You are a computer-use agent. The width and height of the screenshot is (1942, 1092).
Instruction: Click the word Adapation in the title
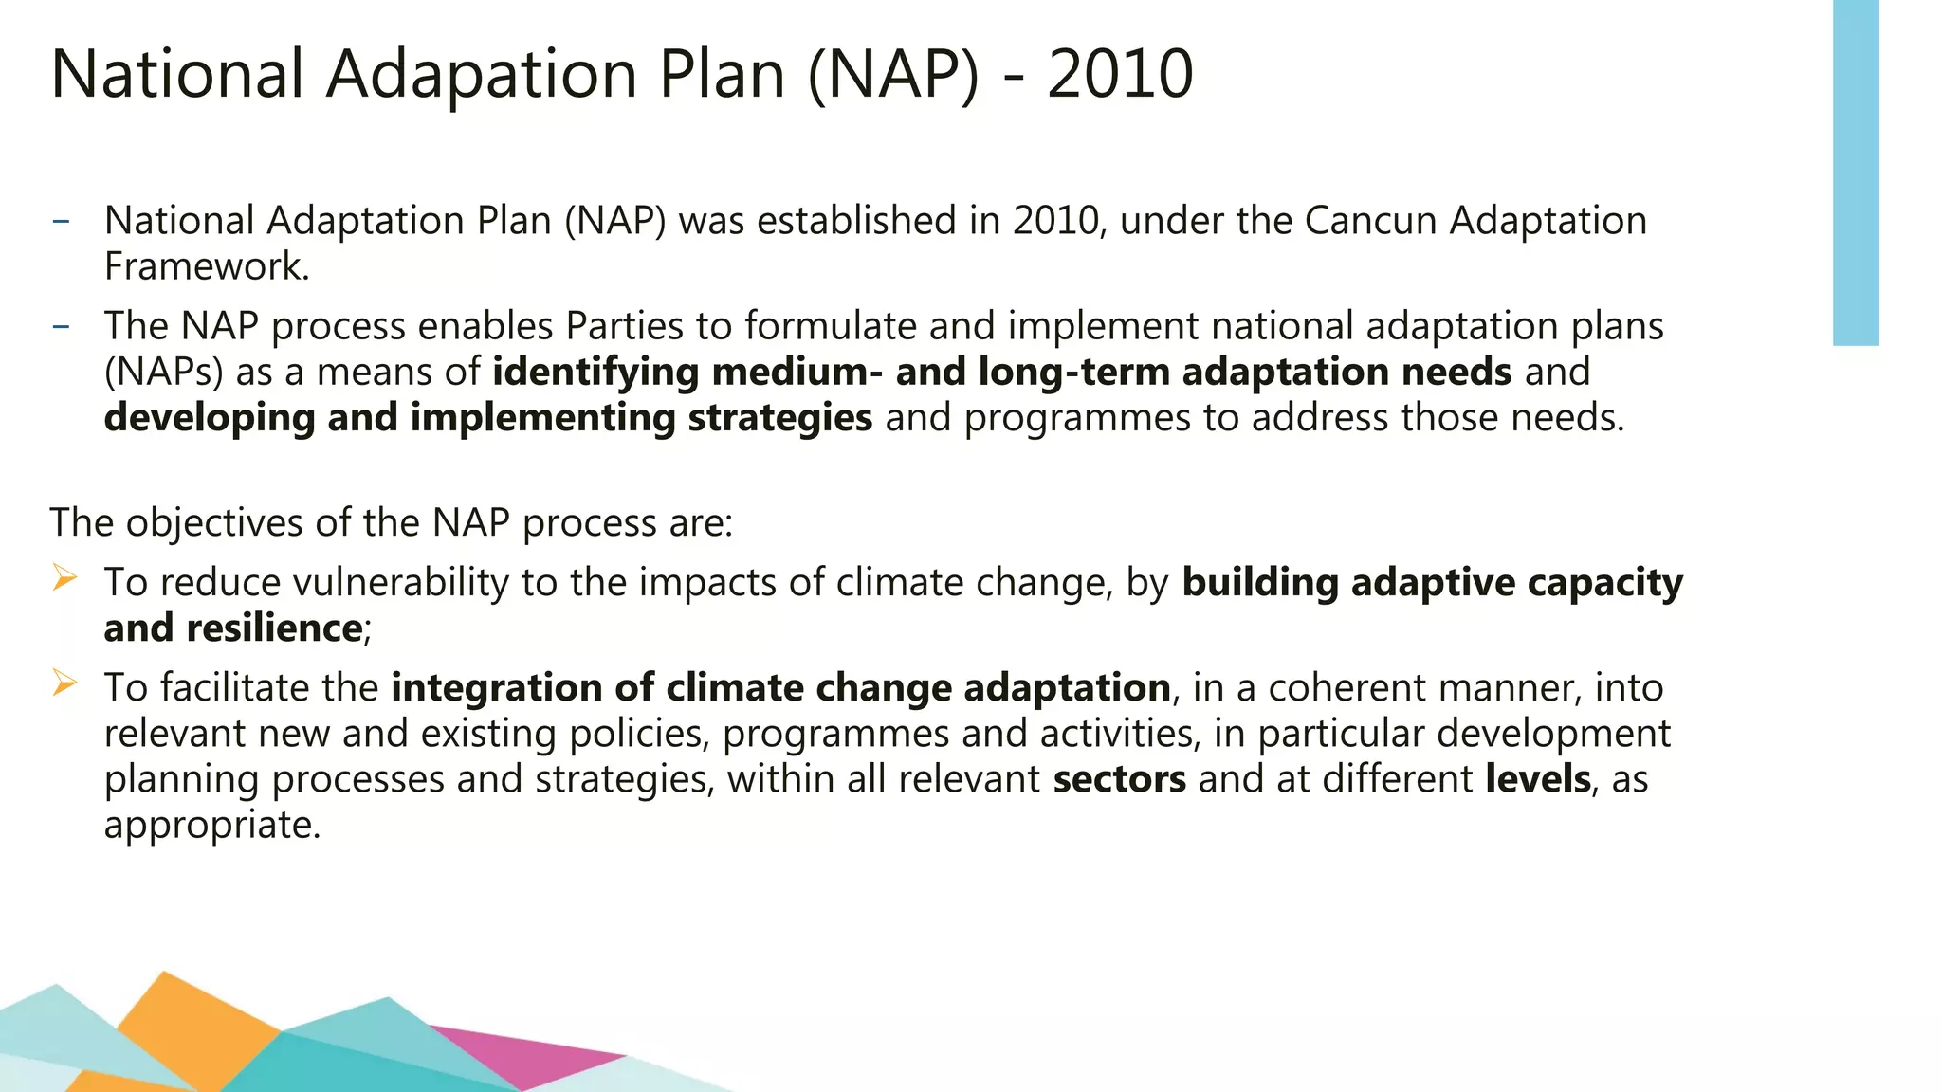(x=482, y=74)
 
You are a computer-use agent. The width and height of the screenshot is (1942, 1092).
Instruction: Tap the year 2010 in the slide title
(x=1120, y=74)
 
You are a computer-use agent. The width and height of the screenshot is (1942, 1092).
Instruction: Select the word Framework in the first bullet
(x=205, y=266)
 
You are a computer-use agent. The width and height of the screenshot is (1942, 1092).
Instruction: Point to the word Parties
(x=624, y=326)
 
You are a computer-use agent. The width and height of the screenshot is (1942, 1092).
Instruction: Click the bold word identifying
(x=595, y=372)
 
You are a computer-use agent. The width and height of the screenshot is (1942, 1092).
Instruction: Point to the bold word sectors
(x=1119, y=778)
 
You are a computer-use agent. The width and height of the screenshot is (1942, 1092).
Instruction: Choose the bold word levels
(x=1538, y=778)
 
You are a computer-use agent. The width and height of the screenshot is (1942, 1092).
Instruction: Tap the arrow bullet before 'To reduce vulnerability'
(x=64, y=576)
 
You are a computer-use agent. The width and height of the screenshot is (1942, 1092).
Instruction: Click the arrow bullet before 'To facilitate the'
(x=64, y=682)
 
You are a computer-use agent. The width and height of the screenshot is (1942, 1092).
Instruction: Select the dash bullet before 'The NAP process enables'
(x=62, y=326)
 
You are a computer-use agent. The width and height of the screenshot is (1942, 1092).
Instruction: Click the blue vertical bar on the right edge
(x=1856, y=171)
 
